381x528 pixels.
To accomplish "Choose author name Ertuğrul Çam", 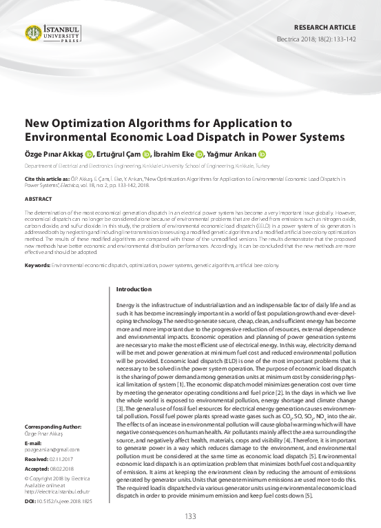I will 118,155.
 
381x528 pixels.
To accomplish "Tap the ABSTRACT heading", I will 38,198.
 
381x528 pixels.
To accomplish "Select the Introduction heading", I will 134,289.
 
